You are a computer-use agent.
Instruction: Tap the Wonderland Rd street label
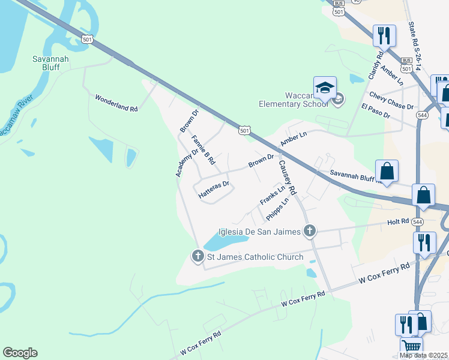click(116, 103)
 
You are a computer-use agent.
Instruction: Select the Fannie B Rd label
click(203, 151)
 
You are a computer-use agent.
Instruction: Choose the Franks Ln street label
click(272, 194)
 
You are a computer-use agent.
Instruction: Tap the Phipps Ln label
click(277, 209)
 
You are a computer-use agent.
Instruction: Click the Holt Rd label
click(398, 222)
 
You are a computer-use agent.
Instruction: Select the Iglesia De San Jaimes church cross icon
click(309, 230)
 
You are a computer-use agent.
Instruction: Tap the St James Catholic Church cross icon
click(197, 256)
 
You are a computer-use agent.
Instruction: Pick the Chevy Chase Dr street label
click(391, 101)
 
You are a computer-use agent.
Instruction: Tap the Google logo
click(20, 353)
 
